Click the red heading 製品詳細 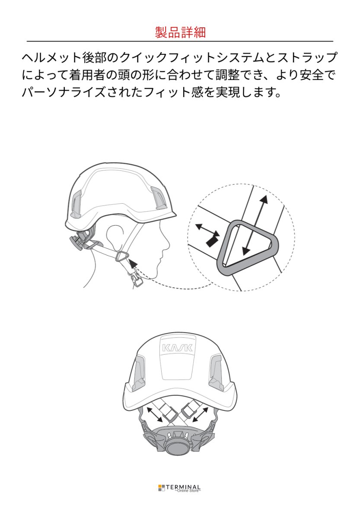click(180, 32)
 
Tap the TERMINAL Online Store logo click(180, 488)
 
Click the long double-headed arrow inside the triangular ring click(255, 224)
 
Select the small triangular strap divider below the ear click(122, 256)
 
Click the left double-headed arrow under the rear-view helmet click(154, 415)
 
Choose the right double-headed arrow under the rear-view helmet click(201, 415)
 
